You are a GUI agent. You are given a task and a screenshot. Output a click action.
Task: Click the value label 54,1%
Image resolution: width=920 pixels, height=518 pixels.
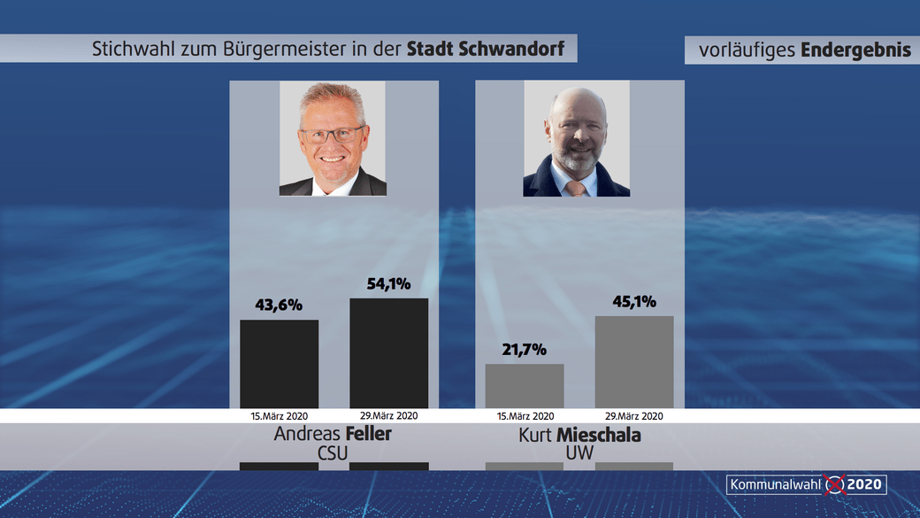click(x=389, y=284)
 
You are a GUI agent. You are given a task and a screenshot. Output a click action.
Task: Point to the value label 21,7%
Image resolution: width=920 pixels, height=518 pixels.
click(x=525, y=351)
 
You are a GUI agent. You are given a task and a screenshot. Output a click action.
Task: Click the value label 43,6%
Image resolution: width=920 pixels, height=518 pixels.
click(x=280, y=305)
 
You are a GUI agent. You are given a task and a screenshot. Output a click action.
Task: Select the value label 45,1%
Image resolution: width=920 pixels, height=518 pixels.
click(x=634, y=302)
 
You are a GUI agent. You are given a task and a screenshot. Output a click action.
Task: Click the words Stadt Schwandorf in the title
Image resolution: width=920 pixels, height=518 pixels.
click(x=485, y=49)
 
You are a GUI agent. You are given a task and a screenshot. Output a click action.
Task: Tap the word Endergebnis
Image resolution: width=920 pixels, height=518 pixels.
click(x=855, y=50)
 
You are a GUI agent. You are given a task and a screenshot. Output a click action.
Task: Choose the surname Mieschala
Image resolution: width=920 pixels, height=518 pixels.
click(x=599, y=435)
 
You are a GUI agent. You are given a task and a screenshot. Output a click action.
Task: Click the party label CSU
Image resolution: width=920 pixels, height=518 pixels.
click(x=333, y=453)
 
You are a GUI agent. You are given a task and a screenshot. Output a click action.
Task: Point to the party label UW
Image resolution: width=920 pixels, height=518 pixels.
click(x=579, y=453)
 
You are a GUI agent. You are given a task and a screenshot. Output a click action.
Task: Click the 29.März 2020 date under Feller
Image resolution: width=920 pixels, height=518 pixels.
click(x=389, y=415)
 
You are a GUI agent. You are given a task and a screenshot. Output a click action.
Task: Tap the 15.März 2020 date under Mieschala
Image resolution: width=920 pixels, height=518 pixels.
click(x=525, y=415)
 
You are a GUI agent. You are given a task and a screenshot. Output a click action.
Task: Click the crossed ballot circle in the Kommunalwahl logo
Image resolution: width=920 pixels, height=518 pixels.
click(x=834, y=484)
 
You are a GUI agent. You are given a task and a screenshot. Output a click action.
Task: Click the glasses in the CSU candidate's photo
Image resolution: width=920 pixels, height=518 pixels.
click(x=332, y=135)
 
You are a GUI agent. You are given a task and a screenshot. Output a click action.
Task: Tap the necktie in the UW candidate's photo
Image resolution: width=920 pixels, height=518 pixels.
click(x=576, y=188)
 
